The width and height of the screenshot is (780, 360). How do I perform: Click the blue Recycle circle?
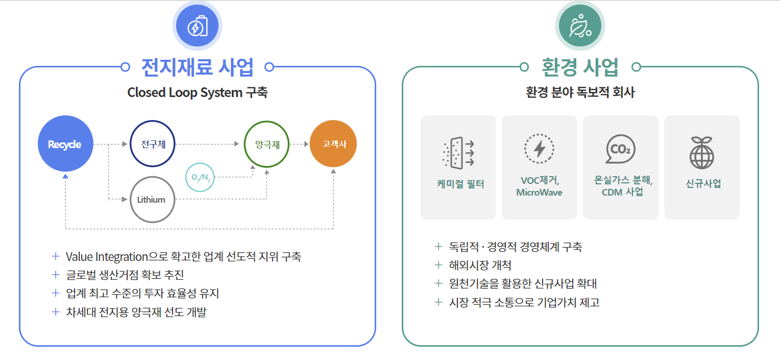(x=64, y=145)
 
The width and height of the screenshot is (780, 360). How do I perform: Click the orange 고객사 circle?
(x=333, y=144)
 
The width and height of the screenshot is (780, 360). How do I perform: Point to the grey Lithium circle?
(x=152, y=200)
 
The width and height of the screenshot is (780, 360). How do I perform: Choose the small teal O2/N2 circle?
(x=201, y=177)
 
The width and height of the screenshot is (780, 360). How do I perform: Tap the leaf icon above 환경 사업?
(x=580, y=26)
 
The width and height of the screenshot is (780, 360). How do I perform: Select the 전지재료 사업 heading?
(x=197, y=66)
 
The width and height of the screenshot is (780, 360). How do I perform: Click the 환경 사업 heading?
(x=580, y=66)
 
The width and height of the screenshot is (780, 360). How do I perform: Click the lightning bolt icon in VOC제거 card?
(x=539, y=149)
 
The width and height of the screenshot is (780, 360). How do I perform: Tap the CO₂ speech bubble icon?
(x=620, y=150)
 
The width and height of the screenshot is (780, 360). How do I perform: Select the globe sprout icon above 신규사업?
(x=701, y=152)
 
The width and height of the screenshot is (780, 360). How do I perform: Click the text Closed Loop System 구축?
(x=198, y=92)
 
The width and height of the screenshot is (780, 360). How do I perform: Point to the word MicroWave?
(x=539, y=193)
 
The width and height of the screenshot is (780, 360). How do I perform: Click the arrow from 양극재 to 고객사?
(x=299, y=145)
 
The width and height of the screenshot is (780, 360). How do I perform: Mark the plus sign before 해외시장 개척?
(x=437, y=265)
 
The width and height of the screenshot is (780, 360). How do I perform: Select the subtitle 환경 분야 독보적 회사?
(x=580, y=92)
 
